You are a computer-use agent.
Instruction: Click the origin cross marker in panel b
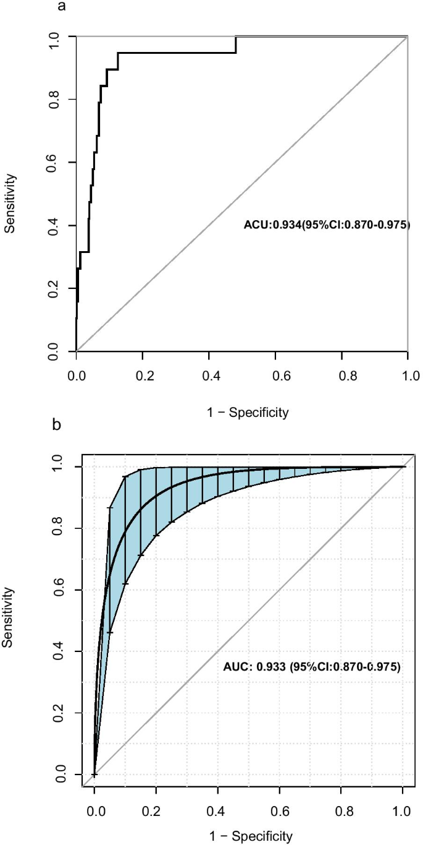pos(94,774)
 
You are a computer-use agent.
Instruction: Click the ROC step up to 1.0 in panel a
pos(235,45)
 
